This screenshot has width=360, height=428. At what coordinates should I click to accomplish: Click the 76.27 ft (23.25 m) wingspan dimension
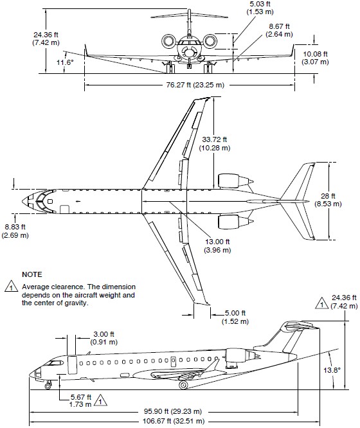pos(195,85)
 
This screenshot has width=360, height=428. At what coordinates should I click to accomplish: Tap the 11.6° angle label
pos(65,62)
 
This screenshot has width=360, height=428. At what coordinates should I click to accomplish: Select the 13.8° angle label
pos(332,370)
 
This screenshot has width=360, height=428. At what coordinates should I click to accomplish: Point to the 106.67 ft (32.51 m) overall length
pos(174,421)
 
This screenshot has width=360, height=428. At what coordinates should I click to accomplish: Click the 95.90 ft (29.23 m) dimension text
pos(173,411)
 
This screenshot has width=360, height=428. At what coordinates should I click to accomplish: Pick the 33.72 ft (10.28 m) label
pos(215,143)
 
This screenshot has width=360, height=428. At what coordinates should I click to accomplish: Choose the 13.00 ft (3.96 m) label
pos(217,245)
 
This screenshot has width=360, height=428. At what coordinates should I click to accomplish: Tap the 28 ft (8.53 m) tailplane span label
pos(328,200)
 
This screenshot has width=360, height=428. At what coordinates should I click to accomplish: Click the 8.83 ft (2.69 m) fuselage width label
pos(15,231)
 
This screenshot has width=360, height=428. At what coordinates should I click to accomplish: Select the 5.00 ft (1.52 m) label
pos(235,317)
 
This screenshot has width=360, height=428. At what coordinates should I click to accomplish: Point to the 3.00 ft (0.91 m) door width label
pos(104,338)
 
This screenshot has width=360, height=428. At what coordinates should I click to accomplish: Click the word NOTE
pos(32,274)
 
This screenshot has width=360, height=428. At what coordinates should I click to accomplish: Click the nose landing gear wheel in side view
pos(48,386)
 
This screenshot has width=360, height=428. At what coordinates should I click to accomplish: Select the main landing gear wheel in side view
pos(183,385)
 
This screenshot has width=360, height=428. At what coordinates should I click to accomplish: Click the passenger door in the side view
pos(72,364)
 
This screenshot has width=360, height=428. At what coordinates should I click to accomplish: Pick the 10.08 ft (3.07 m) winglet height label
pos(315,58)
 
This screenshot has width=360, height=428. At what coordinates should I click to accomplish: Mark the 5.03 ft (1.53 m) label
pos(260,8)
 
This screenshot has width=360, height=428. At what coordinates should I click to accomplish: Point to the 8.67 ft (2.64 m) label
pos(279,30)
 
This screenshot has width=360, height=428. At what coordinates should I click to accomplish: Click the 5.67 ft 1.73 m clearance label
pos(80,401)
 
